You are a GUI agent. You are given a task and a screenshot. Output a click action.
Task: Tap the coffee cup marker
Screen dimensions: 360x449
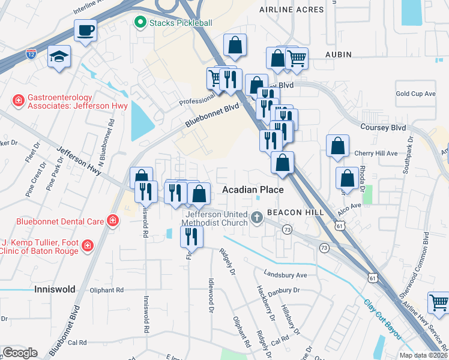click(x=86, y=30)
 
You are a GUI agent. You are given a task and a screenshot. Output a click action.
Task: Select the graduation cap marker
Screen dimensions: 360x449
click(x=58, y=57)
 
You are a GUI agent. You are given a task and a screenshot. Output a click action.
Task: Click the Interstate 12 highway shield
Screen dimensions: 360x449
click(x=31, y=54)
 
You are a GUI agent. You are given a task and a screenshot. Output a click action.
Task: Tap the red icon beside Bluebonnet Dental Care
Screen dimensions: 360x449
click(x=112, y=221)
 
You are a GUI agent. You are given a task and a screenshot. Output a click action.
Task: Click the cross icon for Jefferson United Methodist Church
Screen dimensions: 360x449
click(x=258, y=217)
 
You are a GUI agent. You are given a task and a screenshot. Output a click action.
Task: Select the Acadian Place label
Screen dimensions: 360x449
click(x=253, y=190)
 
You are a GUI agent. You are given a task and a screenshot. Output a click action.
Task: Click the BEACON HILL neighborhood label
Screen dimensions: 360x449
click(x=295, y=212)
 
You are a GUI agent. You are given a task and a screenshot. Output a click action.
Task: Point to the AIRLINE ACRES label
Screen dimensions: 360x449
click(x=291, y=10)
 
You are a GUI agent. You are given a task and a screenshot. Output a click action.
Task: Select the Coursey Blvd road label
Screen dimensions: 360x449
click(x=383, y=128)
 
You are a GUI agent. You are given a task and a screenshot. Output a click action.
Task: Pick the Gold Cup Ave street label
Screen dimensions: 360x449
click(x=415, y=94)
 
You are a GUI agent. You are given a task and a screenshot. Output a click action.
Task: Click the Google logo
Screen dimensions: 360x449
click(x=20, y=353)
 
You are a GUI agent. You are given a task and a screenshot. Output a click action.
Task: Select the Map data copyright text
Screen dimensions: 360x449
click(x=423, y=355)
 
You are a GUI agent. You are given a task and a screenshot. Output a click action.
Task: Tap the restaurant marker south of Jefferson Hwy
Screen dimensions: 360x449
click(x=191, y=236)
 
